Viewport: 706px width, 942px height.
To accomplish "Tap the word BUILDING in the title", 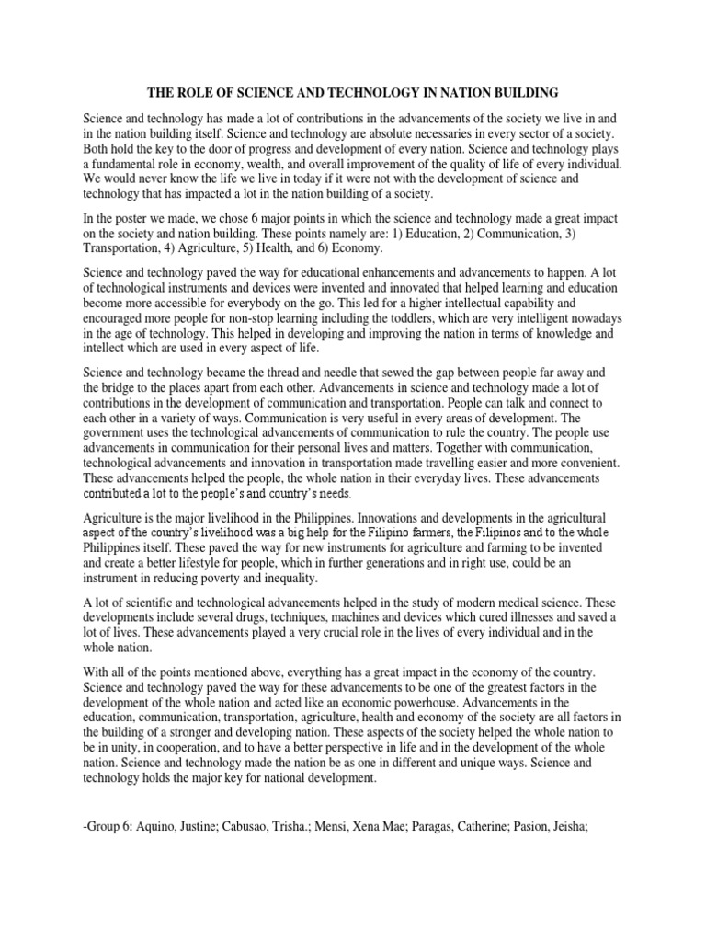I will [x=523, y=92].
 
